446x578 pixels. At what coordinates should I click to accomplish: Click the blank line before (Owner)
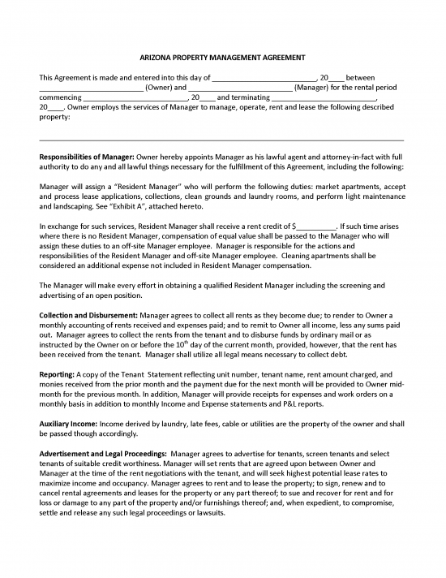pyautogui.click(x=91, y=88)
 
